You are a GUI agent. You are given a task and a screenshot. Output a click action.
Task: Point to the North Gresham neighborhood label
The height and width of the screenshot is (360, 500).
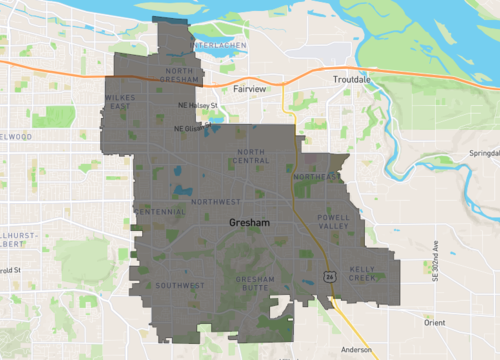(x=183, y=75)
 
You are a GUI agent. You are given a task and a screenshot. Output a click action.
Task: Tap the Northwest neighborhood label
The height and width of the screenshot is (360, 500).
(x=216, y=202)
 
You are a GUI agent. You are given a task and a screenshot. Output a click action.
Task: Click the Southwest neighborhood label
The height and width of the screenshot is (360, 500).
(x=180, y=286)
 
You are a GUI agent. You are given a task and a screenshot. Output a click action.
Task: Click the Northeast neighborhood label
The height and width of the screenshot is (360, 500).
(x=317, y=178)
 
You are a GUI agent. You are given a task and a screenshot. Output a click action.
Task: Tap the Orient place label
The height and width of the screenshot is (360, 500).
(x=434, y=323)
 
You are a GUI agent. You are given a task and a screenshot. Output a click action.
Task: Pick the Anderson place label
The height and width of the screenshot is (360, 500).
(x=356, y=350)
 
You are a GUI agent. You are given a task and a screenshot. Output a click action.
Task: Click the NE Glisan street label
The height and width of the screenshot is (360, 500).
(x=187, y=128)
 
